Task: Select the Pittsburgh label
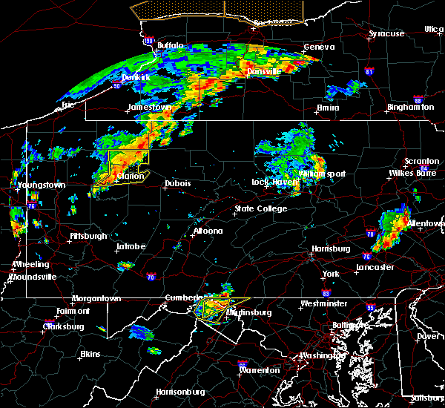tap(88, 236)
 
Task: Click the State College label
tap(260, 209)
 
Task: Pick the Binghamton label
tap(410, 108)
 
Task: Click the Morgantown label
tap(96, 299)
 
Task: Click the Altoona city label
tap(208, 231)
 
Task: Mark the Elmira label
tap(328, 108)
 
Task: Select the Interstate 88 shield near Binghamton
tap(418, 101)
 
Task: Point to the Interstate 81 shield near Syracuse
tap(369, 72)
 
